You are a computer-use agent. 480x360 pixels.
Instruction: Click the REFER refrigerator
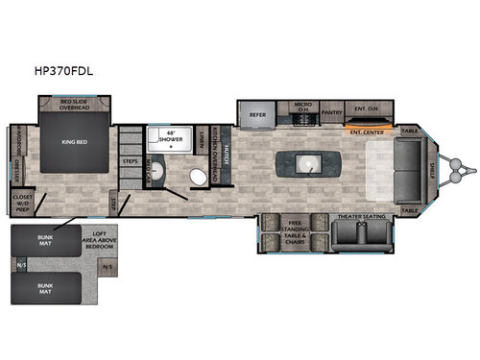tap(257, 113)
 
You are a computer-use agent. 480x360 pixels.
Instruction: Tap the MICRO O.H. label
tap(303, 108)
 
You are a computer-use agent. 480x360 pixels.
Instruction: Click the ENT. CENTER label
tap(368, 131)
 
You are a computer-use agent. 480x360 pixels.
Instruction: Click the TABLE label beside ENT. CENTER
tap(410, 131)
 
